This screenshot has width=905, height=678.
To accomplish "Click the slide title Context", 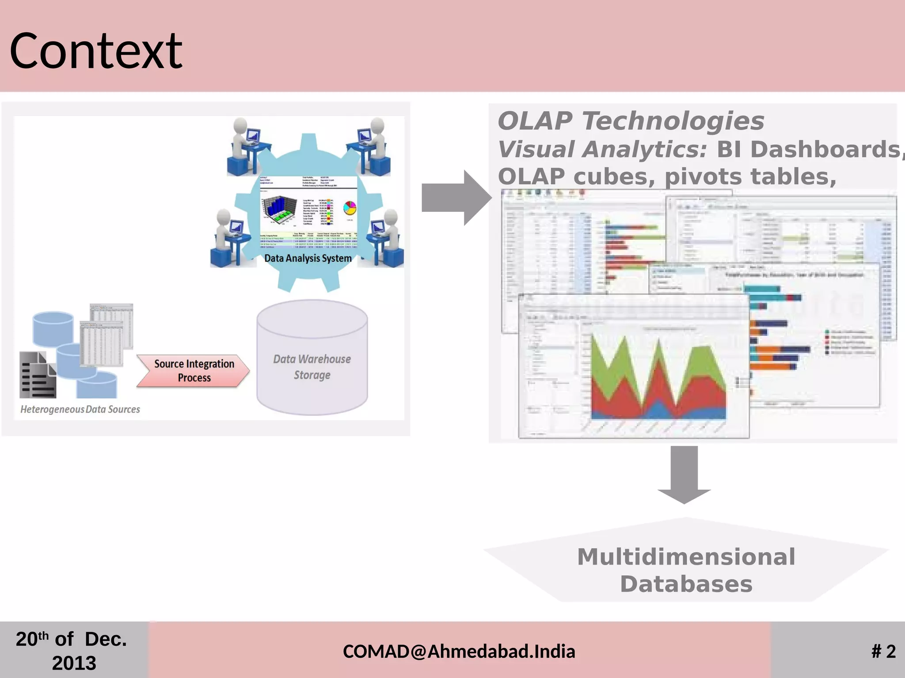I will [95, 51].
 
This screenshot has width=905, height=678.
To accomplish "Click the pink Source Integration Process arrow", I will [194, 371].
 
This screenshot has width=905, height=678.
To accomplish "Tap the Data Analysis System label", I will [308, 258].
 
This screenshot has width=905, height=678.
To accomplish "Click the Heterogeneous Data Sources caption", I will [80, 409].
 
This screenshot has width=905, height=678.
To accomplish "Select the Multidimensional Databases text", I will [686, 570].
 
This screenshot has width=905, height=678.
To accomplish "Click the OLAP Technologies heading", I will [631, 121].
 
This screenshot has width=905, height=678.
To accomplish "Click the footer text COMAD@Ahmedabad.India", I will [459, 652].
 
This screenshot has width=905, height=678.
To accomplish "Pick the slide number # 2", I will [883, 652].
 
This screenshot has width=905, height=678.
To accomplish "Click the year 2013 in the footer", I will [74, 663].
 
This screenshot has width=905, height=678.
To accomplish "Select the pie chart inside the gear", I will [350, 207].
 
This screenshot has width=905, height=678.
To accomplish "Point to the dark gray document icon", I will [38, 375].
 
